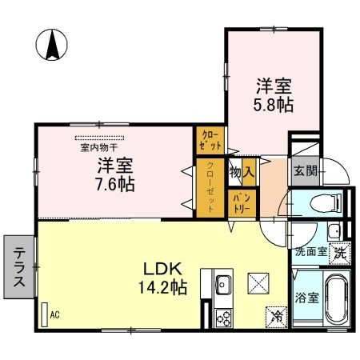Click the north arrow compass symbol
coord(52,45)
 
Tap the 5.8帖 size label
coord(274,105)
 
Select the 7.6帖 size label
coord(115,184)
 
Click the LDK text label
coord(162,269)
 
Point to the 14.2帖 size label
coord(162,287)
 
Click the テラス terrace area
coord(19,266)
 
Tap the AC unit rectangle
coord(45,314)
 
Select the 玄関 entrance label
coord(306,170)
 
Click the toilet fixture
coord(326,203)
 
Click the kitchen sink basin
coord(223,285)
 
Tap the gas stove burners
coord(224,318)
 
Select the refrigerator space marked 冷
coord(277,318)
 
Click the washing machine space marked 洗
coord(339,254)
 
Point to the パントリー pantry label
coord(242,203)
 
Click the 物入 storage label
coord(242,172)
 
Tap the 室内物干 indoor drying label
coord(99,147)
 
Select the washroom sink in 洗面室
coord(334,230)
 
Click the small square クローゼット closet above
coord(210,140)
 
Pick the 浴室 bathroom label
coord(306,298)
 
